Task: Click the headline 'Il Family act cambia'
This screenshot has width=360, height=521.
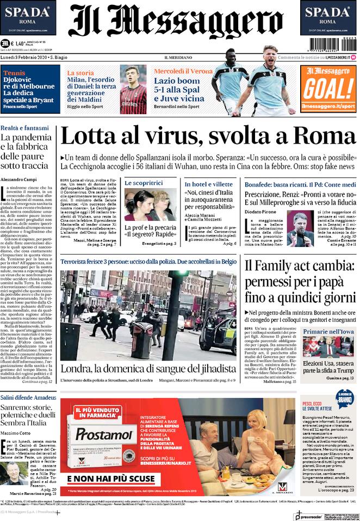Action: [299, 266]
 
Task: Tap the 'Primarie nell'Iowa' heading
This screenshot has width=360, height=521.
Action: [328, 331]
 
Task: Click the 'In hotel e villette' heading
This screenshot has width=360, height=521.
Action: [209, 184]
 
